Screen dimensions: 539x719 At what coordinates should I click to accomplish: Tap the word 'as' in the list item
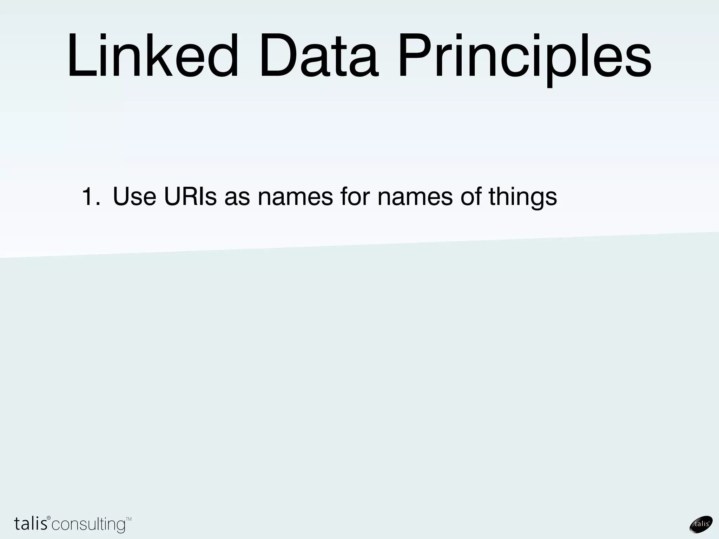(x=237, y=197)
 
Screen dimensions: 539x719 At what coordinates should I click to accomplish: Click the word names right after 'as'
(x=295, y=197)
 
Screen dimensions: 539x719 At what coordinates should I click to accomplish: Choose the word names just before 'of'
(x=415, y=197)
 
